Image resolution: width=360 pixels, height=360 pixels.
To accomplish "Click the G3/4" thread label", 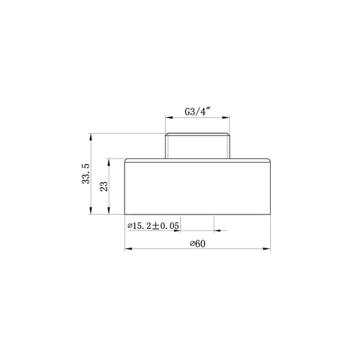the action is point(197,112).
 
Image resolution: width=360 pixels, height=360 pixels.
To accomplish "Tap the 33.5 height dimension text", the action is point(86,174).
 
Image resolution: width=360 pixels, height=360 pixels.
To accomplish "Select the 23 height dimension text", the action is point(104,186).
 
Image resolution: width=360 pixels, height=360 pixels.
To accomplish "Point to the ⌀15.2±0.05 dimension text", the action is point(153,226).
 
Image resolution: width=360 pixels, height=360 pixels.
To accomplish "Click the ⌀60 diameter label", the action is point(197,244).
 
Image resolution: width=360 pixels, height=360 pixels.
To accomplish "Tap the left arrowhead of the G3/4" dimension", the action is point(169,117).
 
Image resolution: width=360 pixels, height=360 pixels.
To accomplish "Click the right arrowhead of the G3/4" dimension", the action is point(226,117).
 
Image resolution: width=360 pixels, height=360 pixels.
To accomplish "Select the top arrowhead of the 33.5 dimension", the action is point(91,138).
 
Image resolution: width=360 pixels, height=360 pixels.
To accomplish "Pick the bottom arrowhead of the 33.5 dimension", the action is point(91,210).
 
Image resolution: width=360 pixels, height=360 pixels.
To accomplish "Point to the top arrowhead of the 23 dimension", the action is point(109,163).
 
